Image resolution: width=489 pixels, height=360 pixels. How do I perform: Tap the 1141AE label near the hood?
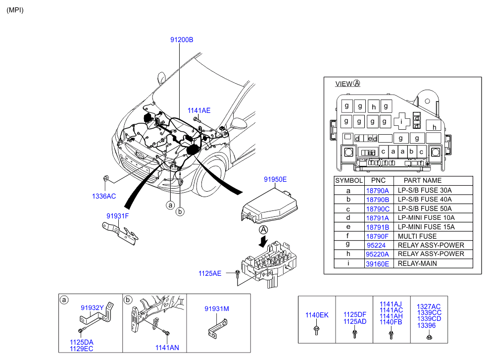(x=198, y=110)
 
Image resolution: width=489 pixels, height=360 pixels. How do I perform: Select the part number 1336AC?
(x=103, y=196)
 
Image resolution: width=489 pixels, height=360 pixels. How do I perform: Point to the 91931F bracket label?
(x=117, y=216)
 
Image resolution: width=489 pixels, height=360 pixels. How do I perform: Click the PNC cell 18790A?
(x=377, y=190)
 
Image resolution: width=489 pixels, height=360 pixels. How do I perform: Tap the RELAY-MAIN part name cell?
(x=417, y=263)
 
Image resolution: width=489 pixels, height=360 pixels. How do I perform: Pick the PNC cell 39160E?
(x=377, y=263)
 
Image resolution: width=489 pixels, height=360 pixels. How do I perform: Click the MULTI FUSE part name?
(x=417, y=236)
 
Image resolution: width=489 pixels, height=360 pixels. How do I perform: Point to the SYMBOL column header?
(x=349, y=181)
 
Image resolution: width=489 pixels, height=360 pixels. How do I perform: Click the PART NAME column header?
(x=422, y=181)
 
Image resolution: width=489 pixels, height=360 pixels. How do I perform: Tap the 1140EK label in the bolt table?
(x=316, y=315)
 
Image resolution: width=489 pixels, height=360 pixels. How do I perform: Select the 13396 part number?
(x=426, y=325)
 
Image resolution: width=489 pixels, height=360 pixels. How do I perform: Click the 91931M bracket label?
(x=217, y=309)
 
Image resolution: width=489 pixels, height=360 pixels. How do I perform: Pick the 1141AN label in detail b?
(x=167, y=348)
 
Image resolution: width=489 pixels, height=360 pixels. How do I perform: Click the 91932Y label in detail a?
(x=93, y=308)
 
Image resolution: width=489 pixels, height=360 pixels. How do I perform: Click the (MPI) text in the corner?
(x=15, y=10)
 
